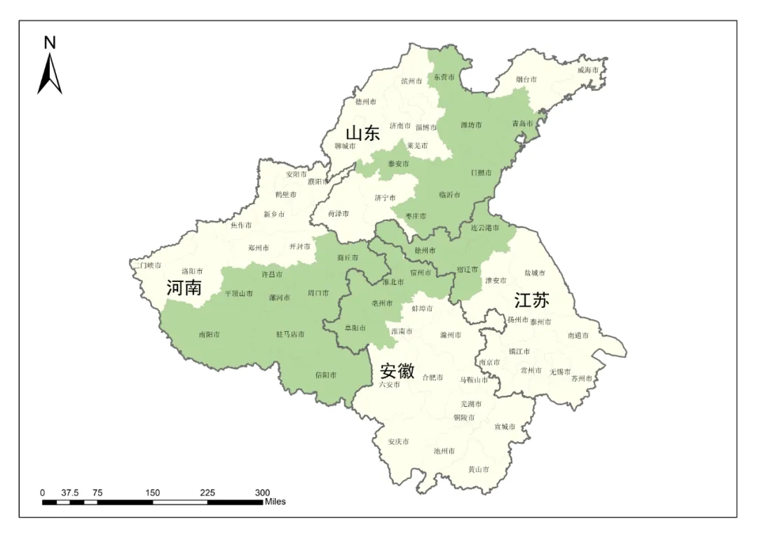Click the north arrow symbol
pyautogui.click(x=50, y=74)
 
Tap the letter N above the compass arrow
pyautogui.click(x=50, y=43)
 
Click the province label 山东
pyautogui.click(x=362, y=133)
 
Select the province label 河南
pyautogui.click(x=184, y=287)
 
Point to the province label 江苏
pyautogui.click(x=531, y=300)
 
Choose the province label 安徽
pyautogui.click(x=397, y=370)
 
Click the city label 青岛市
pyautogui.click(x=522, y=123)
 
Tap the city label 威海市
pyautogui.click(x=588, y=71)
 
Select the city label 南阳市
pyautogui.click(x=209, y=335)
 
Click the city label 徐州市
pyautogui.click(x=425, y=250)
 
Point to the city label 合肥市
pyautogui.click(x=432, y=377)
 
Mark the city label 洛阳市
pyautogui.click(x=192, y=271)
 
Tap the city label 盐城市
pyautogui.click(x=534, y=272)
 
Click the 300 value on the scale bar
pyautogui.click(x=262, y=493)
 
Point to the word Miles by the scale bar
pyautogui.click(x=275, y=502)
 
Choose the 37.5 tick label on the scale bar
pyautogui.click(x=69, y=493)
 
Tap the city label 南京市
pyautogui.click(x=489, y=363)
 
